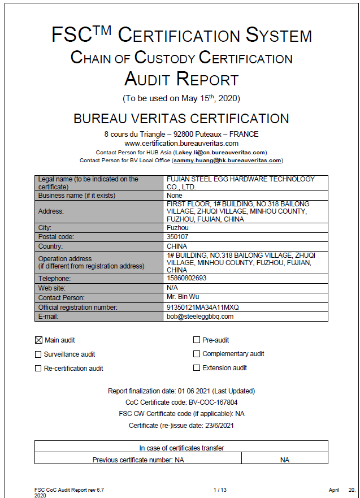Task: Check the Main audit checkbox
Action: tap(38, 340)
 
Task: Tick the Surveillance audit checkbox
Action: tap(38, 354)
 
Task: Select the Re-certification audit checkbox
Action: tap(38, 369)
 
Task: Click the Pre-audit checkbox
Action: tap(197, 340)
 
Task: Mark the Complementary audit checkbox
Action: tap(197, 354)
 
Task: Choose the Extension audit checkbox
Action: tap(197, 368)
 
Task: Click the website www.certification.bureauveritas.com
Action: tap(181, 144)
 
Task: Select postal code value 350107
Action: tap(178, 237)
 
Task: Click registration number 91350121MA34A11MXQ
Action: tap(203, 307)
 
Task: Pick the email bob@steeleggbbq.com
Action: tap(200, 317)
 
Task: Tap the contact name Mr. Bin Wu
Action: tap(183, 297)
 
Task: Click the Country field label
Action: tap(51, 246)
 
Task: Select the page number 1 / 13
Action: tap(220, 489)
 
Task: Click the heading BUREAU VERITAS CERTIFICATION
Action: tap(181, 119)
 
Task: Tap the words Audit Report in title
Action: tap(181, 79)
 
